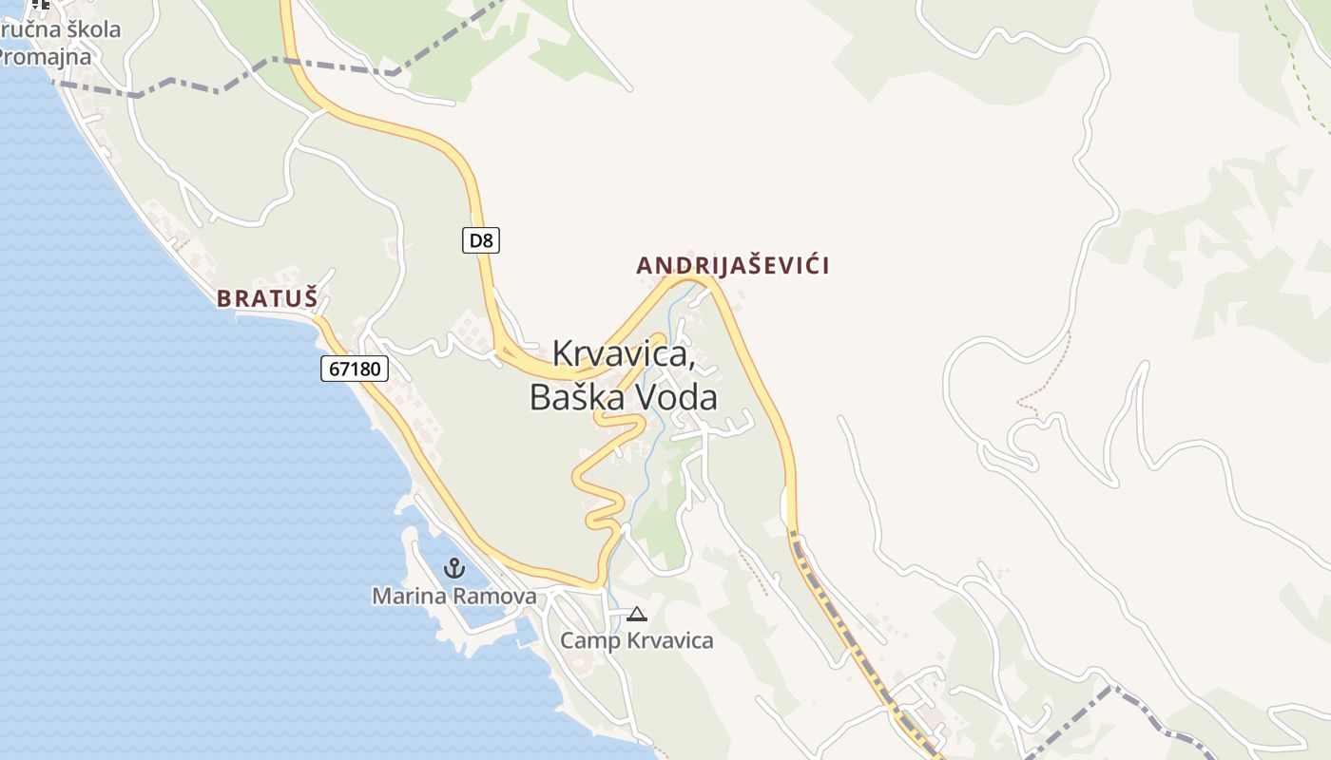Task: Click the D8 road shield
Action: [x=482, y=240]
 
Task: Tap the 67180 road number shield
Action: [x=355, y=369]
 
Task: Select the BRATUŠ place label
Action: [x=266, y=298]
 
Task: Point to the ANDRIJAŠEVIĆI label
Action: [x=733, y=266]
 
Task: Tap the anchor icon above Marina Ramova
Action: [x=454, y=568]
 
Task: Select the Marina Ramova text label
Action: [x=453, y=597]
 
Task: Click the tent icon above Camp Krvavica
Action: [x=637, y=614]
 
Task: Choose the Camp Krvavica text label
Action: [x=636, y=640]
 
